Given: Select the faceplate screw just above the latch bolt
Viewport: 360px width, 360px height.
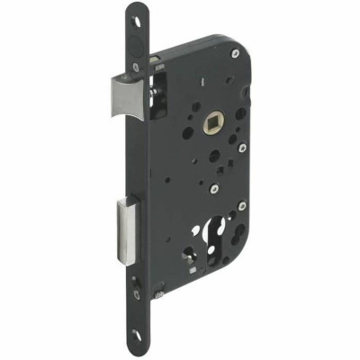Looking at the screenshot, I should click(x=137, y=65).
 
